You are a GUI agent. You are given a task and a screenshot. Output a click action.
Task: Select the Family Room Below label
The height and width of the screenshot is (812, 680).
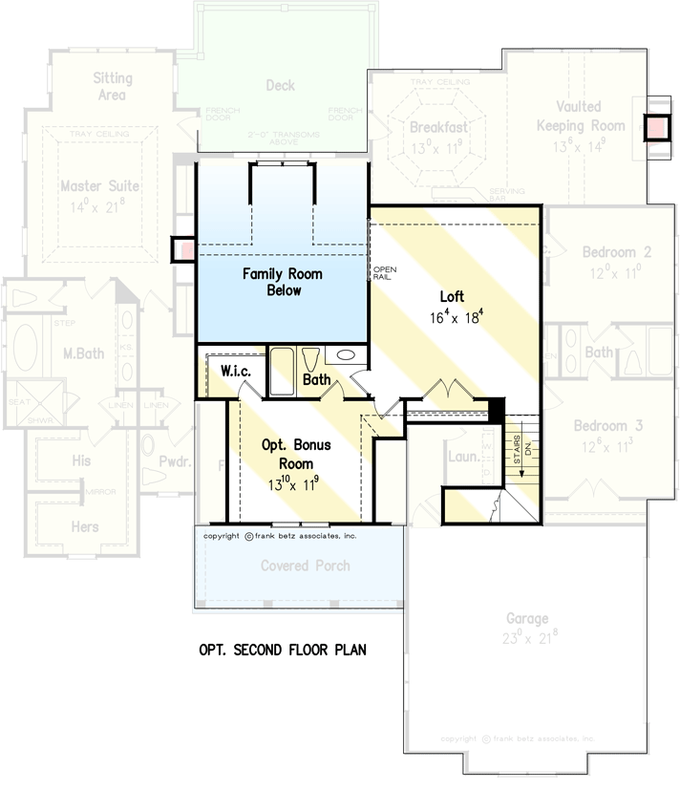click(282, 282)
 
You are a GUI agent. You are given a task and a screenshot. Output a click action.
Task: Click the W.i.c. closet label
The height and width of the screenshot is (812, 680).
click(236, 370)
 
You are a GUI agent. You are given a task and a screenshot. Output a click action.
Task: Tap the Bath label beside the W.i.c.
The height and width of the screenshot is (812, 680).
click(317, 379)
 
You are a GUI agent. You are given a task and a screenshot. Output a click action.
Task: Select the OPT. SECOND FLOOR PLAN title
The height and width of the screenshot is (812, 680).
click(283, 650)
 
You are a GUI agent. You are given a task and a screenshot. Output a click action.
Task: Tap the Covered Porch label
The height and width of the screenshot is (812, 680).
click(306, 566)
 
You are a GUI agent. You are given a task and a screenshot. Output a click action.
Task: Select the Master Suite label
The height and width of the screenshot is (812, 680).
click(99, 185)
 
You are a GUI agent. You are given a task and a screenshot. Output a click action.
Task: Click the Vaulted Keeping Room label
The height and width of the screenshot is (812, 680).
click(581, 117)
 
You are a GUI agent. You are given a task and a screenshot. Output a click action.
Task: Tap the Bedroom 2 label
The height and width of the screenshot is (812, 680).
click(617, 252)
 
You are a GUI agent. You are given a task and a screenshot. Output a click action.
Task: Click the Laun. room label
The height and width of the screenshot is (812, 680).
click(464, 457)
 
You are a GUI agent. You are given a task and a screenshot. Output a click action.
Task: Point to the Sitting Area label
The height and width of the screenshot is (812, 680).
click(113, 86)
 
